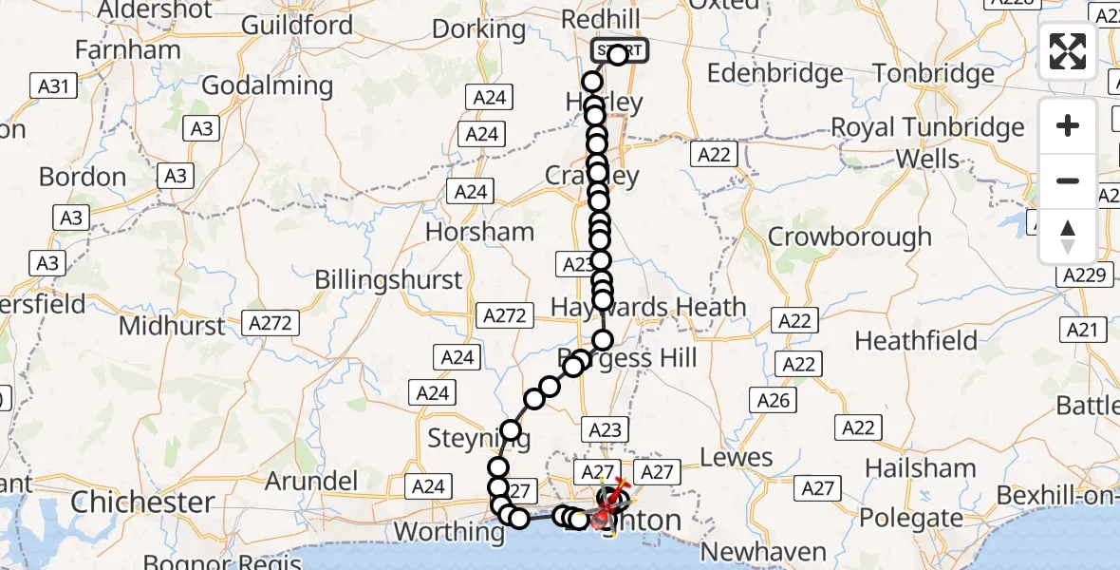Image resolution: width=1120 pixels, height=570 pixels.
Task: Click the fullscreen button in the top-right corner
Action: (1068, 50)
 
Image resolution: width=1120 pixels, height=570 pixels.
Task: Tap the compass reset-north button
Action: (1068, 236)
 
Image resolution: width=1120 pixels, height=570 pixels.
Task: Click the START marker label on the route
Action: (620, 50)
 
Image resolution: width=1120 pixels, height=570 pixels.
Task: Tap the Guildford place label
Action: (297, 25)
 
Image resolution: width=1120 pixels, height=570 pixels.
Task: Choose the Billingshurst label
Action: (388, 279)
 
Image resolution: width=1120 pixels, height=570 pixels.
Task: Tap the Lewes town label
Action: (737, 458)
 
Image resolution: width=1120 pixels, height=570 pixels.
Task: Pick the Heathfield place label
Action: (916, 340)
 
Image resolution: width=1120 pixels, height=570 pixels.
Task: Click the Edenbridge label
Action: (775, 73)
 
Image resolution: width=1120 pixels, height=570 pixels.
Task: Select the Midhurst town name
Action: (173, 326)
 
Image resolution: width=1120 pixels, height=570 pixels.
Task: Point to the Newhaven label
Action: (750, 552)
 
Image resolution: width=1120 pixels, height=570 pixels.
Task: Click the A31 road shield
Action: (52, 86)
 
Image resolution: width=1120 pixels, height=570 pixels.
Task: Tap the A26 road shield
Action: (773, 402)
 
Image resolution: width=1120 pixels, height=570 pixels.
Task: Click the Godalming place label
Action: (268, 85)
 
